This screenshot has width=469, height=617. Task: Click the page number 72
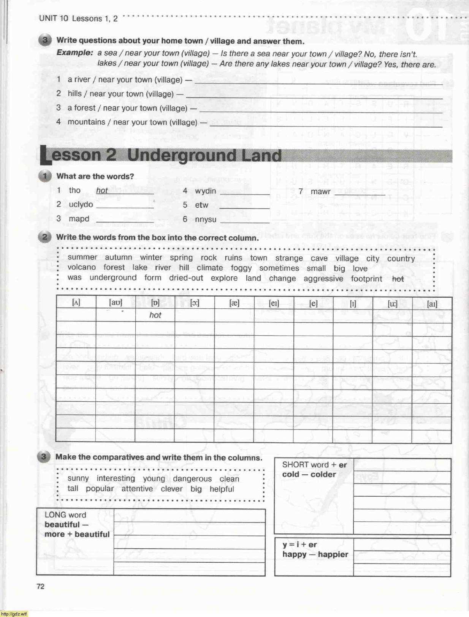pyautogui.click(x=40, y=586)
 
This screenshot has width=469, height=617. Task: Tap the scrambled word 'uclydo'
pyautogui.click(x=81, y=204)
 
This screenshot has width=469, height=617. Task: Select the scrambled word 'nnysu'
pyautogui.click(x=205, y=219)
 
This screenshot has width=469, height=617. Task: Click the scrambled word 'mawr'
pyautogui.click(x=320, y=191)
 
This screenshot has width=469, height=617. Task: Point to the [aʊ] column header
pyautogui.click(x=116, y=303)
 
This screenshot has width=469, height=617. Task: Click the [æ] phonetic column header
pyautogui.click(x=234, y=303)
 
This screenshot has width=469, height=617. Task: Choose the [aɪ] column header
pyautogui.click(x=432, y=303)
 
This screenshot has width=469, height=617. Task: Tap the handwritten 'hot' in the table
pyautogui.click(x=155, y=315)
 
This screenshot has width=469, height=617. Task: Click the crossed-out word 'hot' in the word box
pyautogui.click(x=398, y=279)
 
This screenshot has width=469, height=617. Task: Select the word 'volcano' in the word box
pyautogui.click(x=82, y=267)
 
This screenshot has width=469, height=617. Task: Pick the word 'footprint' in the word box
pyautogui.click(x=366, y=279)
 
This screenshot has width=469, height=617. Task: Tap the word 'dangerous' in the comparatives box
pyautogui.click(x=192, y=479)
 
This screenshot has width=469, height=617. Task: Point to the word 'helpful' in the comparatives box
pyautogui.click(x=222, y=489)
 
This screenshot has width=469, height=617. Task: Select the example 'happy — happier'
pyautogui.click(x=315, y=554)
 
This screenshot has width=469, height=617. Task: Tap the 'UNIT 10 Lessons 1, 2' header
pyautogui.click(x=78, y=18)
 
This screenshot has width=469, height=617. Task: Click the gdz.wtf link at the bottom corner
pyautogui.click(x=14, y=614)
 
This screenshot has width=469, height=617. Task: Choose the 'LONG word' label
pyautogui.click(x=65, y=515)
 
